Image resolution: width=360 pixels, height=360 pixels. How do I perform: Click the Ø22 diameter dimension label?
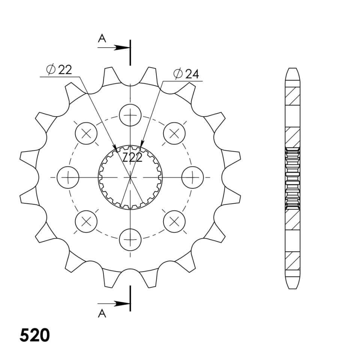(x=59, y=70)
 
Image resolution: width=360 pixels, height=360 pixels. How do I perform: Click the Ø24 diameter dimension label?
(x=186, y=74)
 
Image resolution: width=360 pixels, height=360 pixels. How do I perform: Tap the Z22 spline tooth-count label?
(x=132, y=158)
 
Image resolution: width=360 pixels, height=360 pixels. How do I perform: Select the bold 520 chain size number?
(x=34, y=335)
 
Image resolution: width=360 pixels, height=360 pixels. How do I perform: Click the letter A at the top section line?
(x=102, y=38)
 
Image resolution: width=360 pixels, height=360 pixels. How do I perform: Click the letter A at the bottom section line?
(x=102, y=313)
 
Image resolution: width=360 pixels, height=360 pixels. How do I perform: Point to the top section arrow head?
(x=122, y=48)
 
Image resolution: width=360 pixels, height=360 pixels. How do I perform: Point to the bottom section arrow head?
(x=122, y=304)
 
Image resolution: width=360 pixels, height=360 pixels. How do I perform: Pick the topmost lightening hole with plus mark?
(x=130, y=115)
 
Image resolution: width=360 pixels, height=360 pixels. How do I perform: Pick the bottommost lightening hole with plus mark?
(x=130, y=240)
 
